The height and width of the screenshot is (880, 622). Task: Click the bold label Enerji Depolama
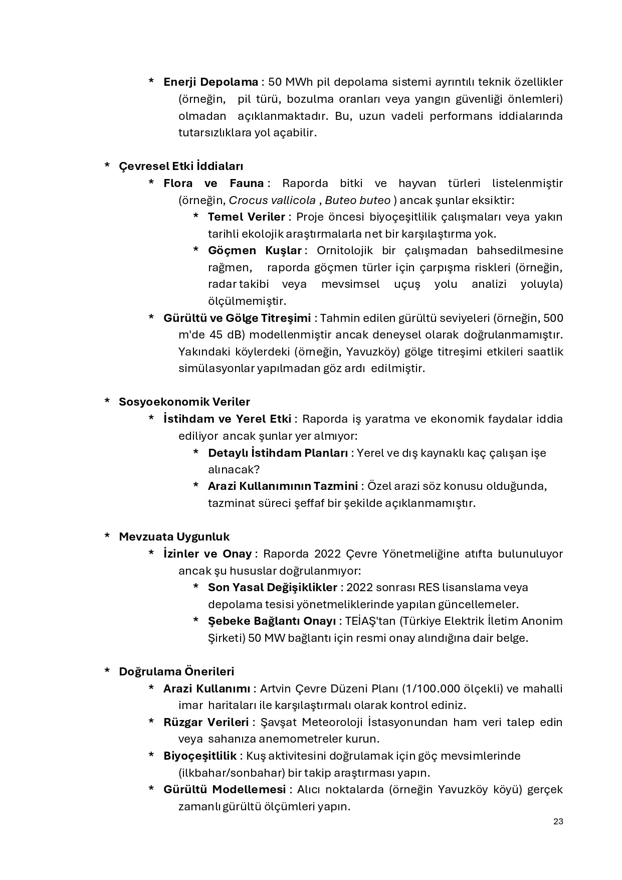coord(211,82)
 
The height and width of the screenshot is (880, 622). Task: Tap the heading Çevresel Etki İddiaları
coord(181,166)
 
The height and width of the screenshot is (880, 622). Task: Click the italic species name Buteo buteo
coord(357,200)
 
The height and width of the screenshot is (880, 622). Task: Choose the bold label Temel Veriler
coord(246,217)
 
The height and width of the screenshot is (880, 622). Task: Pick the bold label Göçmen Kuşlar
coord(255,250)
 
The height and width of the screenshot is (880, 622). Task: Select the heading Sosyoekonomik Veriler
coord(184,402)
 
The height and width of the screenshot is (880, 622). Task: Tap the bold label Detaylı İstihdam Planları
coord(278,453)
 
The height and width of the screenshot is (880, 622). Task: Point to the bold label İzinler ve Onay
coord(208,554)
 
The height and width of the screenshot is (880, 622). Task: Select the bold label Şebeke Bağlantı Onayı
coord(272,621)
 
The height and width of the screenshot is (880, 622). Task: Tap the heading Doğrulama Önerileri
coord(176,671)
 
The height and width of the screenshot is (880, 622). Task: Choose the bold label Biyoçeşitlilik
coord(200,756)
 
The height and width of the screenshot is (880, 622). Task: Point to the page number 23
coord(558,821)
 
